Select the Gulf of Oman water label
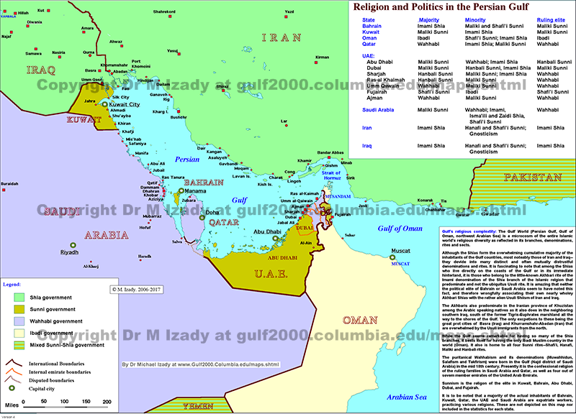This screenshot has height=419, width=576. point(400,229)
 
